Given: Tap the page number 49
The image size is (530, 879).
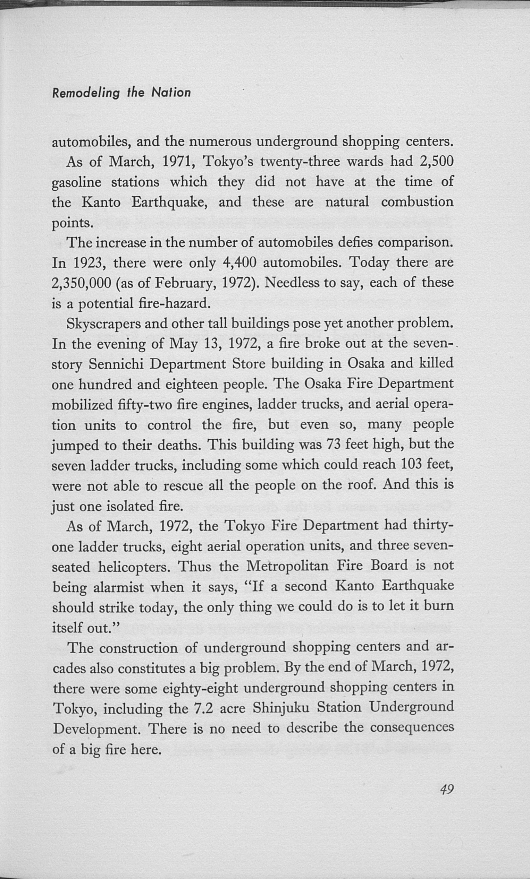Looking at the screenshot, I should pos(446,788).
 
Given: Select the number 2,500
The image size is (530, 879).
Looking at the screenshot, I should pos(436,162).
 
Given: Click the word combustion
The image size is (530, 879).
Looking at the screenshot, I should pos(417,202).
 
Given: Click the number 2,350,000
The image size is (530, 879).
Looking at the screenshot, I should pos(82,283).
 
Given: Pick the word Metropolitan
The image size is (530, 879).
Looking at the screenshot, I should pos(287,566).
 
